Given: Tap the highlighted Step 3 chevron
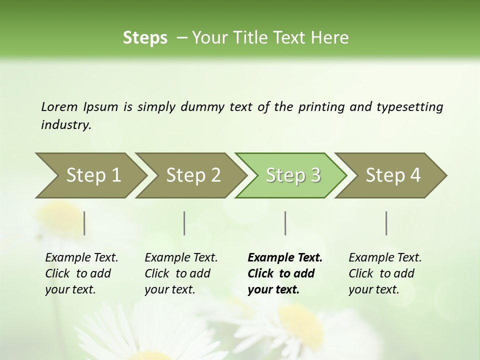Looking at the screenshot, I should click(293, 175).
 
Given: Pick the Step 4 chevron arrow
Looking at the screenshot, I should click(393, 175).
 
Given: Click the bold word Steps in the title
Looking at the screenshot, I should click(145, 38).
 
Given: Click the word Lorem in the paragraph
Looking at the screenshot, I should click(59, 106).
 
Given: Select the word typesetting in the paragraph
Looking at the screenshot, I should click(409, 107).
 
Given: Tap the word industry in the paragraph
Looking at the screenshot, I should click(65, 125).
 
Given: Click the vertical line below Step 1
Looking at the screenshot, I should click(84, 223).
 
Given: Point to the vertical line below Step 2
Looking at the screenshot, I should click(184, 223).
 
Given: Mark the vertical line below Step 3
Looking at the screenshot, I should click(285, 223).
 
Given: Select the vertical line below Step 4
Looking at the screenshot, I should click(386, 223).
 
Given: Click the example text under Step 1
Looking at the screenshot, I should click(81, 273).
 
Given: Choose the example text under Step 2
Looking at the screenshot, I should click(181, 273).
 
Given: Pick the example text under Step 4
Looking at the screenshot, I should click(385, 273).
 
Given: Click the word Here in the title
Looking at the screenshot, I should click(330, 38).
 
